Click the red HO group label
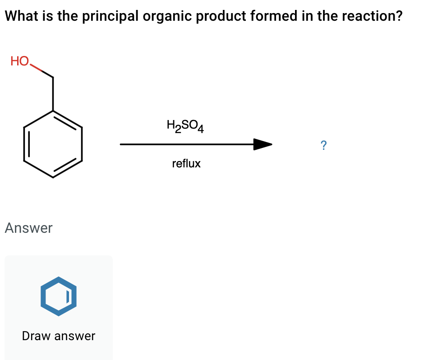[20, 61]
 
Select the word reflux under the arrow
[186, 163]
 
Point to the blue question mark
[323, 145]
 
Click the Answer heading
[28, 228]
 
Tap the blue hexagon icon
[58, 296]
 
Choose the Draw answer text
[59, 336]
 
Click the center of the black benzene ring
[53, 144]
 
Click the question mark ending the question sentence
[398, 17]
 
